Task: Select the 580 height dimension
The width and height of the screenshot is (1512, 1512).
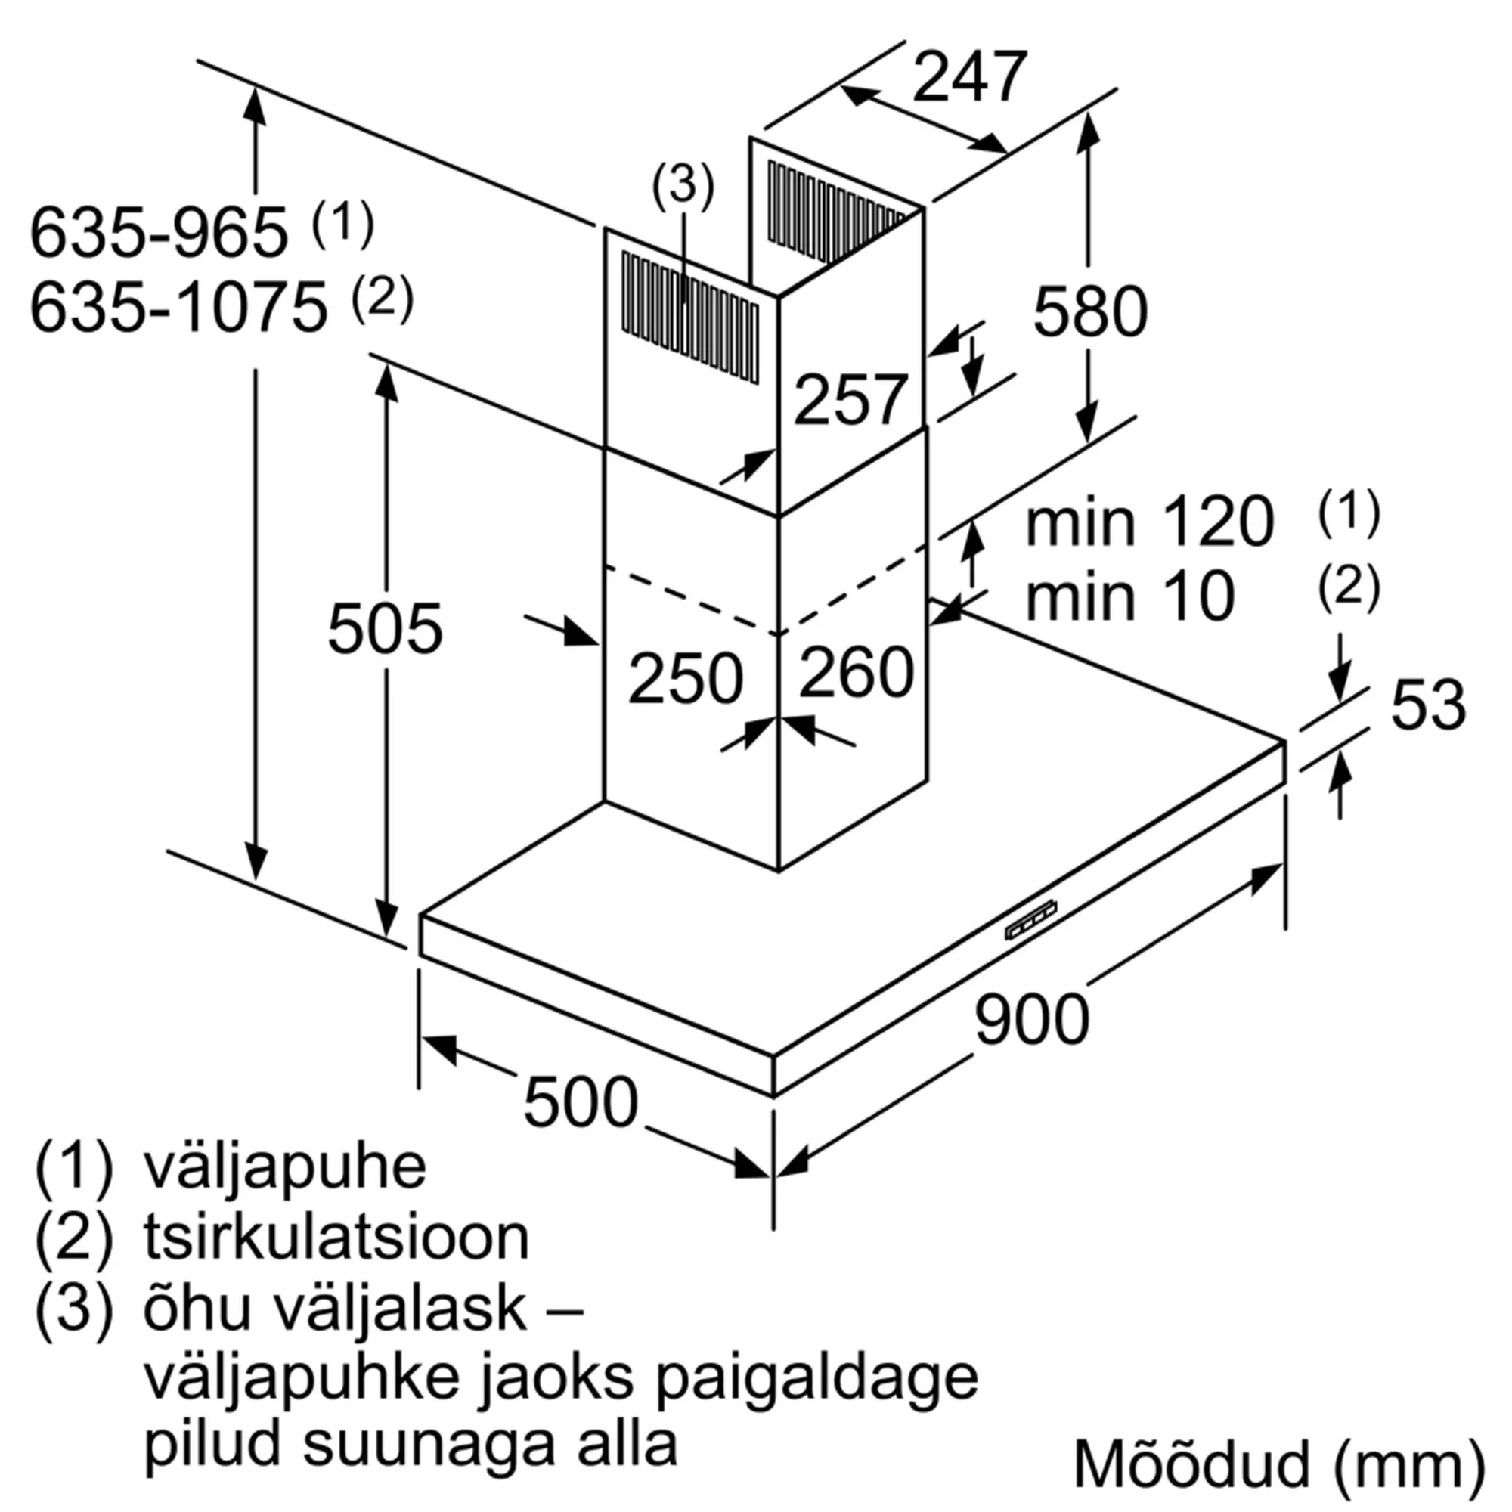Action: (x=1089, y=311)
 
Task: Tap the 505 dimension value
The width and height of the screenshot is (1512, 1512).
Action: (x=384, y=627)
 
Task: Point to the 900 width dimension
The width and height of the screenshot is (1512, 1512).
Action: (x=1031, y=1018)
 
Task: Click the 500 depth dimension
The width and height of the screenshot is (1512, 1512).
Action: (x=580, y=1102)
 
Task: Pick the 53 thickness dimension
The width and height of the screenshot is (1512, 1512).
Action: (x=1427, y=705)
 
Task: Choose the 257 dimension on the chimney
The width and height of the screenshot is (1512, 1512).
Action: (x=850, y=400)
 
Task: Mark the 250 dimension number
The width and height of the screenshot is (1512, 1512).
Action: (x=685, y=677)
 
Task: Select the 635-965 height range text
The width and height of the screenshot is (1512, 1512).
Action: (x=159, y=232)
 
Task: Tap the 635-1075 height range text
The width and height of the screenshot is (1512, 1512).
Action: (x=178, y=308)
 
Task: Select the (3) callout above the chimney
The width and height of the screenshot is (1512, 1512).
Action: (x=683, y=186)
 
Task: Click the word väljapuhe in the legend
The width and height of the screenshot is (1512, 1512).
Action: (x=284, y=1168)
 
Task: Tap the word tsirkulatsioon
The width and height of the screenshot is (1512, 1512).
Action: (x=336, y=1238)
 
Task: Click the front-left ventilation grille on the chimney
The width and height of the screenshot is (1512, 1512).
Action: (x=689, y=317)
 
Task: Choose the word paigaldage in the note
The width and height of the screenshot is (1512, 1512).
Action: (x=816, y=1377)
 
